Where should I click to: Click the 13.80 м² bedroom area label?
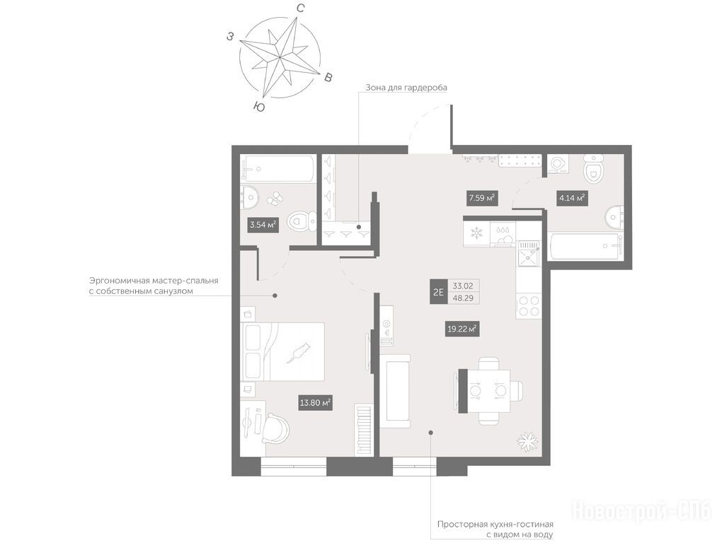coord(316,403)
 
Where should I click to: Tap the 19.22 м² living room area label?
coord(462,329)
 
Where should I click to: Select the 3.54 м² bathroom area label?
coord(263,225)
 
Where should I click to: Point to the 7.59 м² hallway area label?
coord(481,198)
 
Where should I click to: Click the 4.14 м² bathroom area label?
coord(571,198)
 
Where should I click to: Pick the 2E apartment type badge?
coord(438,291)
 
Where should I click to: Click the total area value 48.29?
coord(463,298)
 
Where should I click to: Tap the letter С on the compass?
coord(300,8)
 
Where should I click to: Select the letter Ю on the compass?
coord(259,107)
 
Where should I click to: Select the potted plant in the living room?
coord(527,441)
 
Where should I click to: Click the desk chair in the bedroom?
coord(276,428)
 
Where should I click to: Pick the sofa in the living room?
coord(395,391)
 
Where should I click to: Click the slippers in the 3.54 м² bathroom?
coord(275,199)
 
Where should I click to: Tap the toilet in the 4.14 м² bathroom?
coord(593,168)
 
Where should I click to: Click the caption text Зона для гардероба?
coord(406,87)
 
